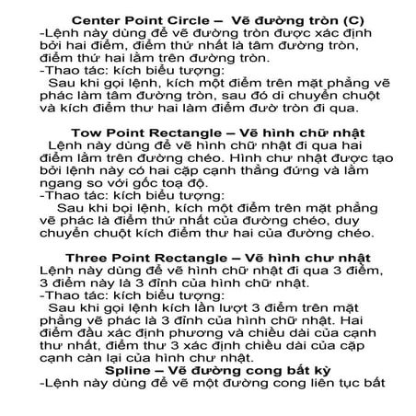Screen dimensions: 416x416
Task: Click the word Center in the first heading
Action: (x=97, y=17)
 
